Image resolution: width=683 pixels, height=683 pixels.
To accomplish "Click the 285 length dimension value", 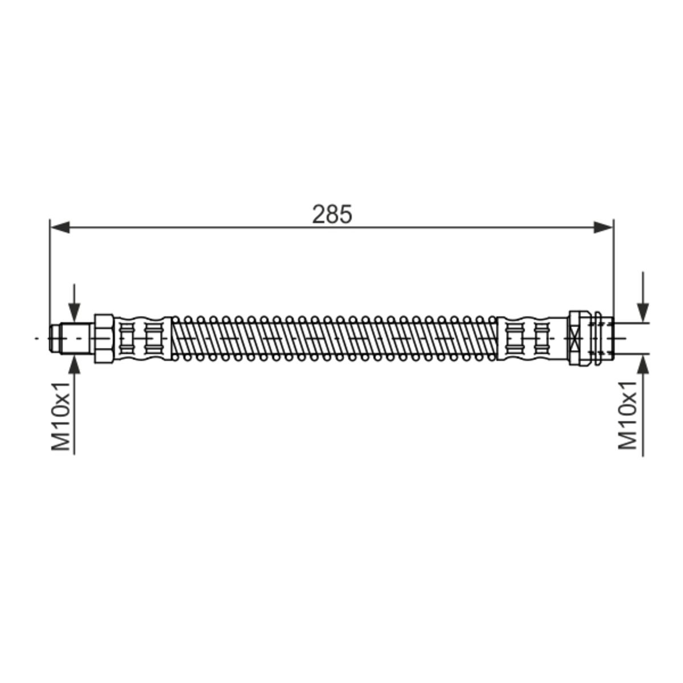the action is click(x=332, y=215).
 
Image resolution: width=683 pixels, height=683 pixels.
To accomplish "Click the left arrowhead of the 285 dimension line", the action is click(x=60, y=227).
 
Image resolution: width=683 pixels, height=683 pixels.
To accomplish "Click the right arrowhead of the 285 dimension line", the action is click(x=603, y=227).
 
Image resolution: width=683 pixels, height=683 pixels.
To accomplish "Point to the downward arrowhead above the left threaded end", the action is click(x=74, y=313).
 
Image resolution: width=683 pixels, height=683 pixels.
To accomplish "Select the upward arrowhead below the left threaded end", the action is click(x=74, y=364).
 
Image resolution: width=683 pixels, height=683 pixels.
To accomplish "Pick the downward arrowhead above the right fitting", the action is click(x=643, y=313).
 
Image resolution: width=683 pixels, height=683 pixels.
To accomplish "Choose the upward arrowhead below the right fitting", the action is click(x=643, y=364).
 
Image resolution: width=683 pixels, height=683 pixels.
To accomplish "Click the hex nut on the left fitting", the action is click(x=104, y=339).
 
